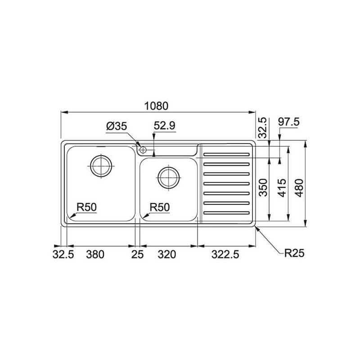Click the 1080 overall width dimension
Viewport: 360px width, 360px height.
pos(156,106)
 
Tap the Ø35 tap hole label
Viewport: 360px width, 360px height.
pos(116,127)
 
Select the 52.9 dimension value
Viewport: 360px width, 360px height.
pos(164,127)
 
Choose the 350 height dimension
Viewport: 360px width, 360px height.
pos(264,188)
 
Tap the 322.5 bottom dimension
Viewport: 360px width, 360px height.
pos(223,255)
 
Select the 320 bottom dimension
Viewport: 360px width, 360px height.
pos(166,255)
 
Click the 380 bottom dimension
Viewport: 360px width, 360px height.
pos(95,255)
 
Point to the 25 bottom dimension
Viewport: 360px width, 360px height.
pos(137,255)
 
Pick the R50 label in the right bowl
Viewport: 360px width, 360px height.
pos(159,207)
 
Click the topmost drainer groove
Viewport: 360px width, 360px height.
pos(226,153)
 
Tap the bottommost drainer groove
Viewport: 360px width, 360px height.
pos(226,212)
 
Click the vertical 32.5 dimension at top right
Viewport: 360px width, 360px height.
pos(264,127)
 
